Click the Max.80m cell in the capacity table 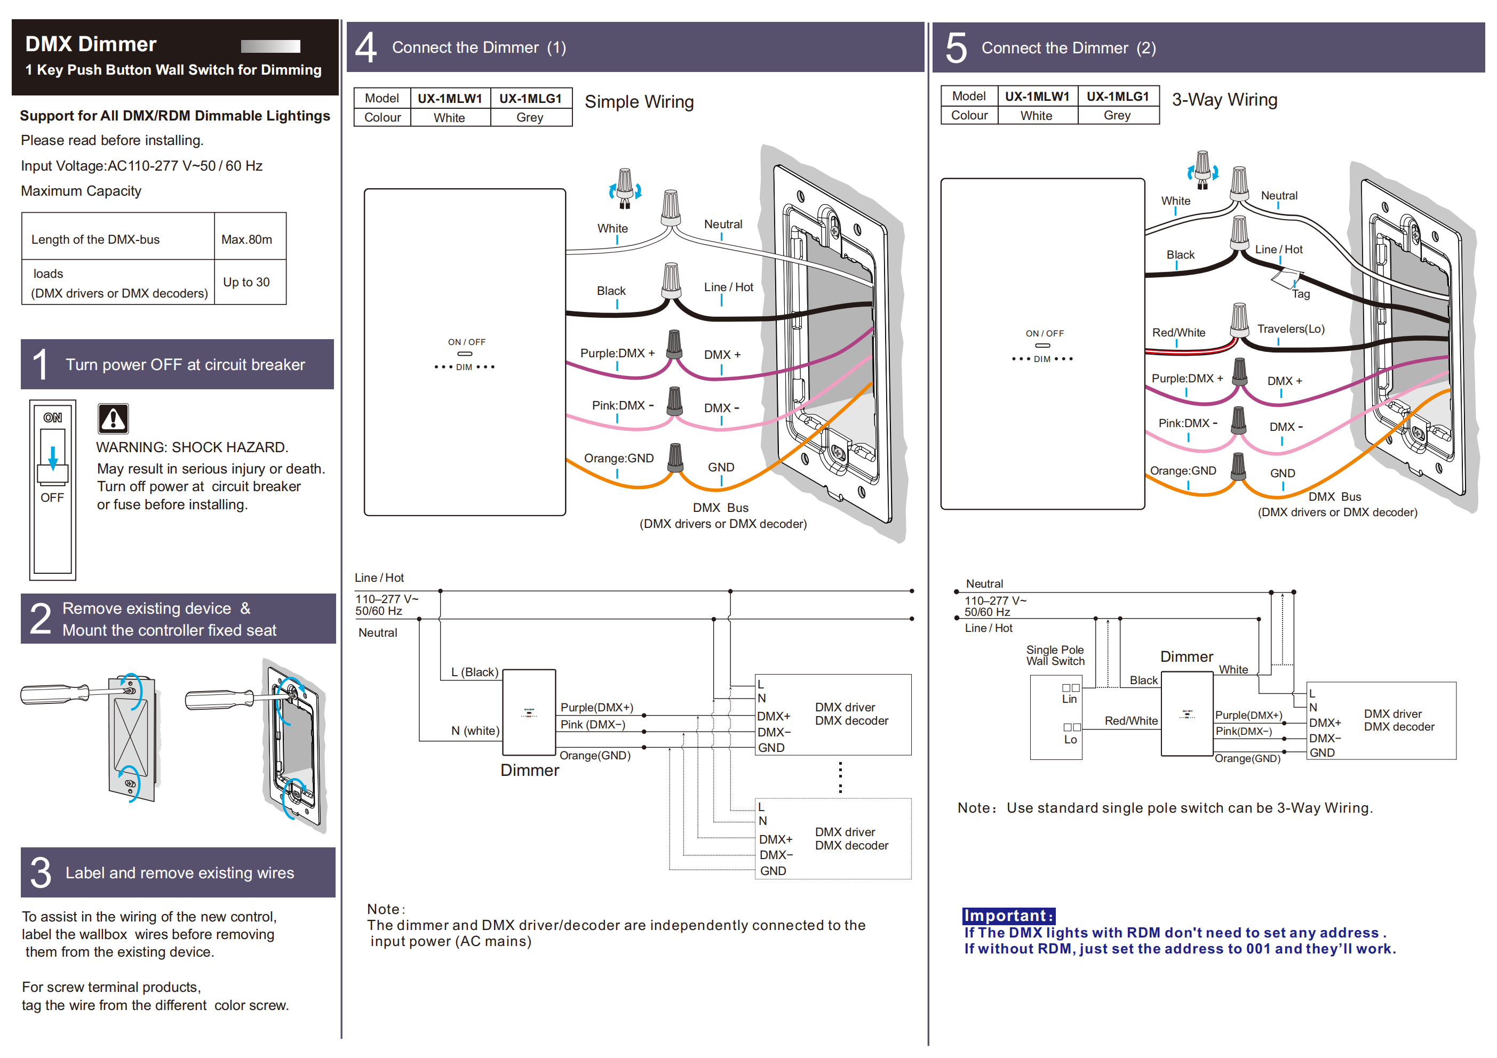pos(246,239)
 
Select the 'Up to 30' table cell pos(246,282)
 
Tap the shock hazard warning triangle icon pos(113,418)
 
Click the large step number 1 pos(41,364)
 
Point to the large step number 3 pos(41,873)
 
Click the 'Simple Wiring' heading pos(639,102)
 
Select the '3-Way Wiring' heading pos(1224,100)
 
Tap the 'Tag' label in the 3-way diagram pos(1301,294)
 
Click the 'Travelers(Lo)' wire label pos(1291,328)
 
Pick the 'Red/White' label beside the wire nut pos(1178,332)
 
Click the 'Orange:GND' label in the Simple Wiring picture pos(618,458)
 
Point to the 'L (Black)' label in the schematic pos(475,672)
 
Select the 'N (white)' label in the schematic pos(475,731)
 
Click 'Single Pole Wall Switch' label pos(1055,655)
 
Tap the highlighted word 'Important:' pos(1008,916)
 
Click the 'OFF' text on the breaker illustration pos(52,498)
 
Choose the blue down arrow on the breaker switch pos(53,455)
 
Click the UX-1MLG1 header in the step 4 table pos(530,99)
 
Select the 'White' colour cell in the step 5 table pos(1036,115)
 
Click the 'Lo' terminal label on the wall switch pos(1070,739)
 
